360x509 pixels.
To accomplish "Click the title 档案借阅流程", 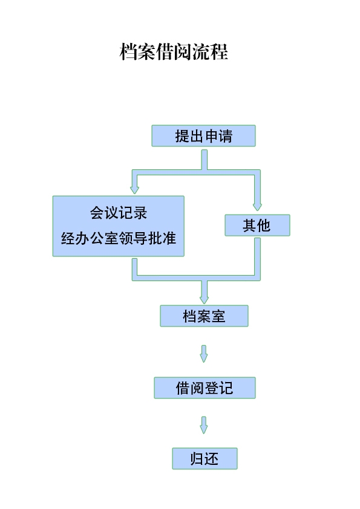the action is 174,51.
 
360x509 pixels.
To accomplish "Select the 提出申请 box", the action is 204,135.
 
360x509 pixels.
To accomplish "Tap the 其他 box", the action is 257,225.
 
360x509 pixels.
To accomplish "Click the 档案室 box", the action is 204,316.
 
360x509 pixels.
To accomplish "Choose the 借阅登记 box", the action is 205,387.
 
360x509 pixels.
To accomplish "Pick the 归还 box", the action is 205,458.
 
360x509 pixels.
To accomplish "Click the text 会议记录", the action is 119,213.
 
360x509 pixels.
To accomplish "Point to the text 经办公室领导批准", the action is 119,238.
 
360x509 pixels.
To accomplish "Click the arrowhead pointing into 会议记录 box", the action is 134,190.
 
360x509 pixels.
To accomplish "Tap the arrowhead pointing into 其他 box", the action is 257,207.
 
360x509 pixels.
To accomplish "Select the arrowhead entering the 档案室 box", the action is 204,300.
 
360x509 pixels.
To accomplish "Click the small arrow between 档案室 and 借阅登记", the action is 204,354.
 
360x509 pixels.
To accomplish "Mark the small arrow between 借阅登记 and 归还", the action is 204,425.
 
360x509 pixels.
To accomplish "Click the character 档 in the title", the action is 128,51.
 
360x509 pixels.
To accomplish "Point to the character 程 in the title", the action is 219,51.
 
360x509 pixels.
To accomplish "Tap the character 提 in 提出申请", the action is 182,135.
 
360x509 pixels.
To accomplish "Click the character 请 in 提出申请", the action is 226,135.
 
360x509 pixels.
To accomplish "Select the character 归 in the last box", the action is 197,459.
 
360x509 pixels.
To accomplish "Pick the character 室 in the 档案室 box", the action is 218,316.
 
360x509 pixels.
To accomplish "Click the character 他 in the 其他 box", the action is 264,225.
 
